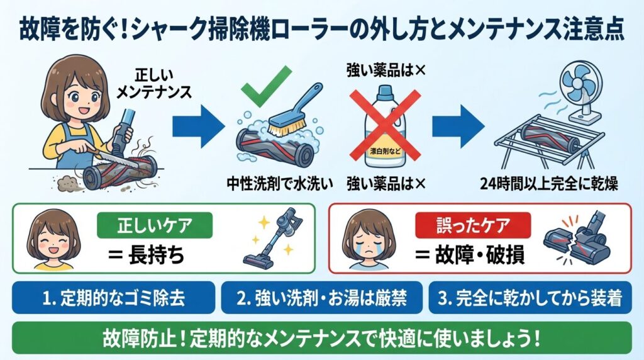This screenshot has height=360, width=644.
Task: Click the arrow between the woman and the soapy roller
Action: pyautogui.click(x=197, y=123)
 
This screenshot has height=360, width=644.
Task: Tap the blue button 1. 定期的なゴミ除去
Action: pyautogui.click(x=114, y=298)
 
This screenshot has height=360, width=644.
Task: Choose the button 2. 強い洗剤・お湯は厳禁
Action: pyautogui.click(x=321, y=298)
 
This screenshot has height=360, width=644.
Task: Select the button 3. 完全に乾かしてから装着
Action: pyautogui.click(x=530, y=298)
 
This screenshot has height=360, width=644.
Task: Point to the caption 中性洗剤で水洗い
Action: pyautogui.click(x=279, y=184)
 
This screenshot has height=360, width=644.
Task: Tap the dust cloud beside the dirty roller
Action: pyautogui.click(x=65, y=183)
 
